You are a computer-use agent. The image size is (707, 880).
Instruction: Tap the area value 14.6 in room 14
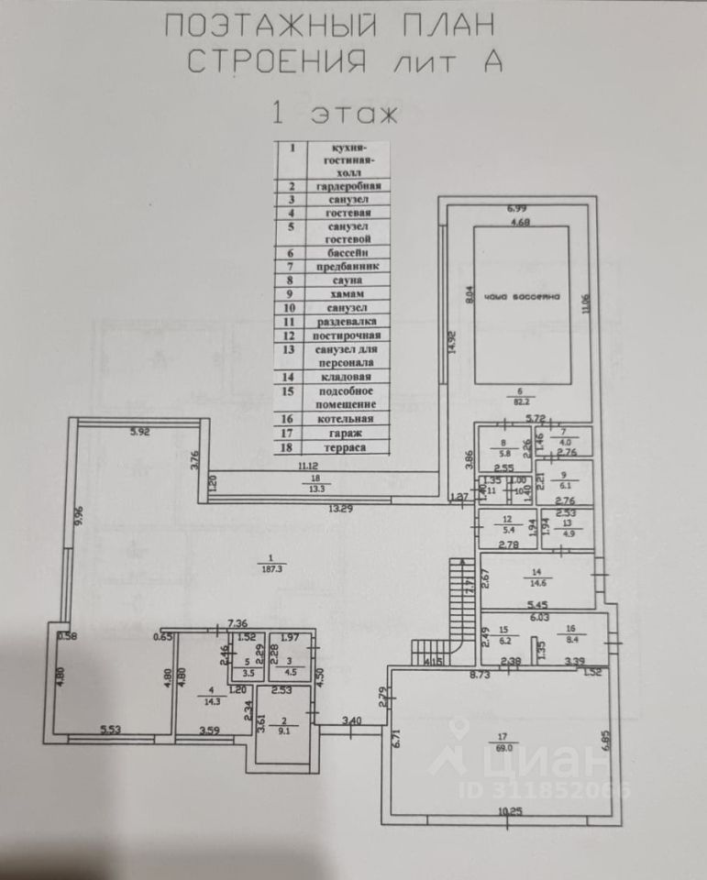tap(537, 581)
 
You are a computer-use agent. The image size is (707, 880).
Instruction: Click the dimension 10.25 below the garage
tap(510, 811)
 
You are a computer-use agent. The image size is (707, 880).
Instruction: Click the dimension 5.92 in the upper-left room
tap(139, 432)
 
